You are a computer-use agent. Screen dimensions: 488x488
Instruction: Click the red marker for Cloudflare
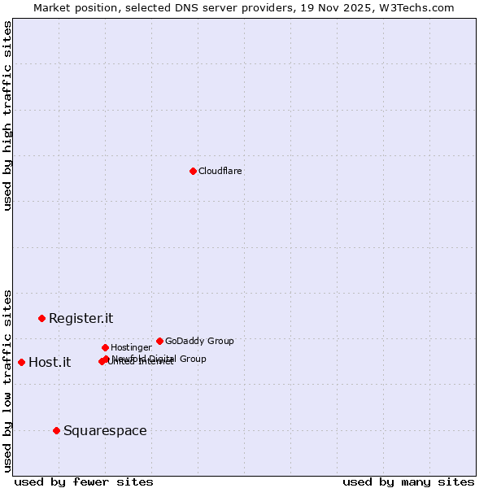(x=193, y=171)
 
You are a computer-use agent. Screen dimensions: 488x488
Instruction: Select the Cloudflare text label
(x=220, y=172)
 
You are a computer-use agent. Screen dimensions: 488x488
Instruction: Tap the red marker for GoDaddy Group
(x=159, y=341)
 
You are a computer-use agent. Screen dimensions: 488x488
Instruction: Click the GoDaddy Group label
(x=199, y=342)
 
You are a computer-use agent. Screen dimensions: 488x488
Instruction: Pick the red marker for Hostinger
(x=105, y=347)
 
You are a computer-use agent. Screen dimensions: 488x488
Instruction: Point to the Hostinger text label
(x=131, y=348)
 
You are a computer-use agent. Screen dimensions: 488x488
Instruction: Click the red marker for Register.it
(x=41, y=318)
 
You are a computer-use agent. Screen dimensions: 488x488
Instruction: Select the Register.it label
(x=81, y=319)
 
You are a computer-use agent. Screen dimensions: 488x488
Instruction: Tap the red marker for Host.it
(x=21, y=362)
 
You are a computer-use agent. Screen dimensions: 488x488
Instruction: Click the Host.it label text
(x=50, y=363)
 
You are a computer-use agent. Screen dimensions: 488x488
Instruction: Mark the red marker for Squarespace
(x=56, y=430)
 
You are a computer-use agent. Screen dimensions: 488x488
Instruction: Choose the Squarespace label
(x=105, y=431)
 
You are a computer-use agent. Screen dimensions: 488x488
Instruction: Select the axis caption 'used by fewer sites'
(x=84, y=482)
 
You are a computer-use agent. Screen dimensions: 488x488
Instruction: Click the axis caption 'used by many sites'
(x=408, y=482)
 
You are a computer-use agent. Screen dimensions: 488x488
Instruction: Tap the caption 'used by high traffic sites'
(x=8, y=115)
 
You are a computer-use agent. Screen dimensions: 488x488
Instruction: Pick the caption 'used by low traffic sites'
(x=8, y=381)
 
